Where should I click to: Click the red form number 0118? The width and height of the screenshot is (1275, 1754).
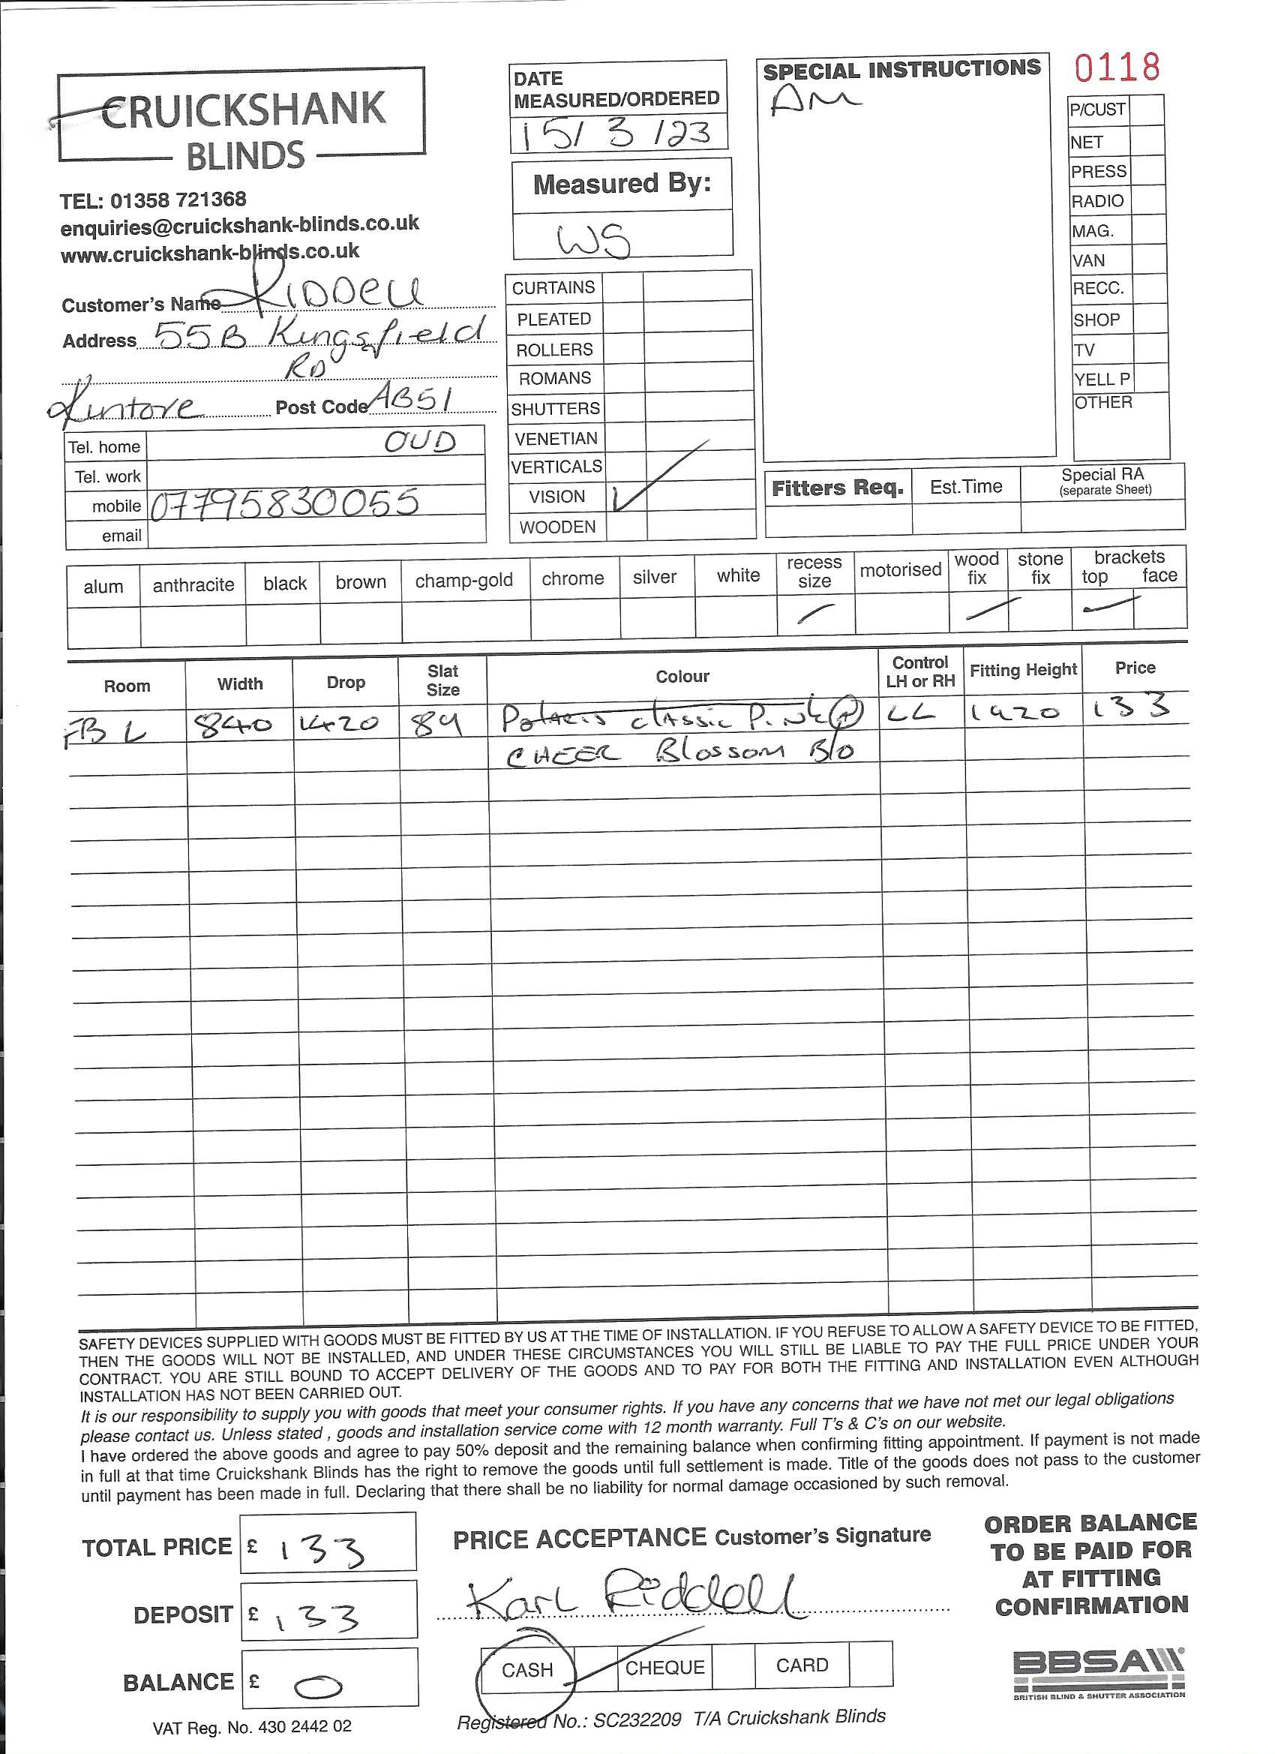click(1117, 68)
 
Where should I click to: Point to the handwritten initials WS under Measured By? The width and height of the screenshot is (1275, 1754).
click(594, 240)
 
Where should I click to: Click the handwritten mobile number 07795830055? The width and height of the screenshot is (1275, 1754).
click(284, 504)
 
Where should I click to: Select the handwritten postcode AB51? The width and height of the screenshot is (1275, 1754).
click(411, 398)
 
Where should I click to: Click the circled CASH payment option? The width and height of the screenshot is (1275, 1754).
click(526, 1670)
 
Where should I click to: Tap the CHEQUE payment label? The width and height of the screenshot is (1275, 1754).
click(664, 1668)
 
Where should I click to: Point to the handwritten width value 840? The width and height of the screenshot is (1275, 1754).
click(234, 725)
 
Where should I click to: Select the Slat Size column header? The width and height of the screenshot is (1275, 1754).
click(442, 680)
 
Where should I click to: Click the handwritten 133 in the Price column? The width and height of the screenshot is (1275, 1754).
click(1130, 707)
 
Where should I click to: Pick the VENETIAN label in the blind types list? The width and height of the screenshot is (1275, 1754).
click(556, 438)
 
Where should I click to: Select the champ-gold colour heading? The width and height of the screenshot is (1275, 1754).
click(464, 581)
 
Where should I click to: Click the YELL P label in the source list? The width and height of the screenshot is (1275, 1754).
click(1101, 379)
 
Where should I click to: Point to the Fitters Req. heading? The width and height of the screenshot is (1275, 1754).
click(837, 488)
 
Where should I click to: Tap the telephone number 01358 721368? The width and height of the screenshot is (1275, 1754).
click(178, 200)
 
